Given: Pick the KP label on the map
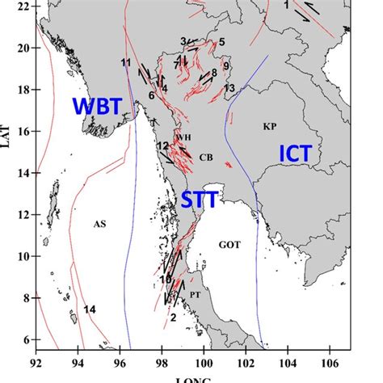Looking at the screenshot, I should point(270,126).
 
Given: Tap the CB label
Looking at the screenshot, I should point(206,158).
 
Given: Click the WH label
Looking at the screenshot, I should point(184,137).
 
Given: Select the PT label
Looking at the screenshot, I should point(195,295).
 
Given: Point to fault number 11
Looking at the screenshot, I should point(125,62).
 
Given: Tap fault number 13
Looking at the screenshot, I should point(229,87).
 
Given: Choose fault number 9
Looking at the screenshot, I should point(227,65).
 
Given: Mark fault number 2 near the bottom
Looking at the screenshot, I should point(173,318).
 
